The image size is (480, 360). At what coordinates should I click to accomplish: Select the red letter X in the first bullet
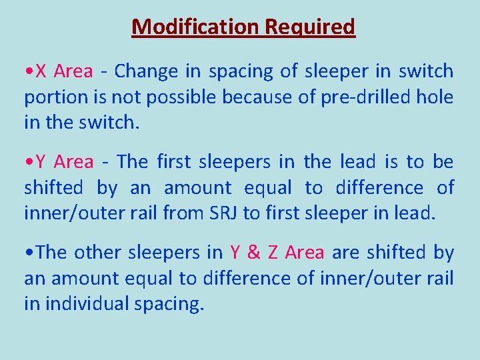pos(41,71)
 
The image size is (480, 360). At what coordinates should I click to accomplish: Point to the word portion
pos(51,97)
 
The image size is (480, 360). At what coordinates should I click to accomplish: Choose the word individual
pos(87,304)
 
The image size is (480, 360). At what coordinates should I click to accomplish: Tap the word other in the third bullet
pos(93,252)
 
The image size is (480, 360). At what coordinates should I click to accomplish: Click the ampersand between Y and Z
pos(254,252)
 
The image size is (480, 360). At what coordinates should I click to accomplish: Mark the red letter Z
pos(273,252)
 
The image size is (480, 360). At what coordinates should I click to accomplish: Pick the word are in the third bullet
pos(345,252)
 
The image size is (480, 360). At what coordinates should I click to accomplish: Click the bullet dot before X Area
pos(28,71)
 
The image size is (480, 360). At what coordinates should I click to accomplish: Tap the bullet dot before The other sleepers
pos(28,253)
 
